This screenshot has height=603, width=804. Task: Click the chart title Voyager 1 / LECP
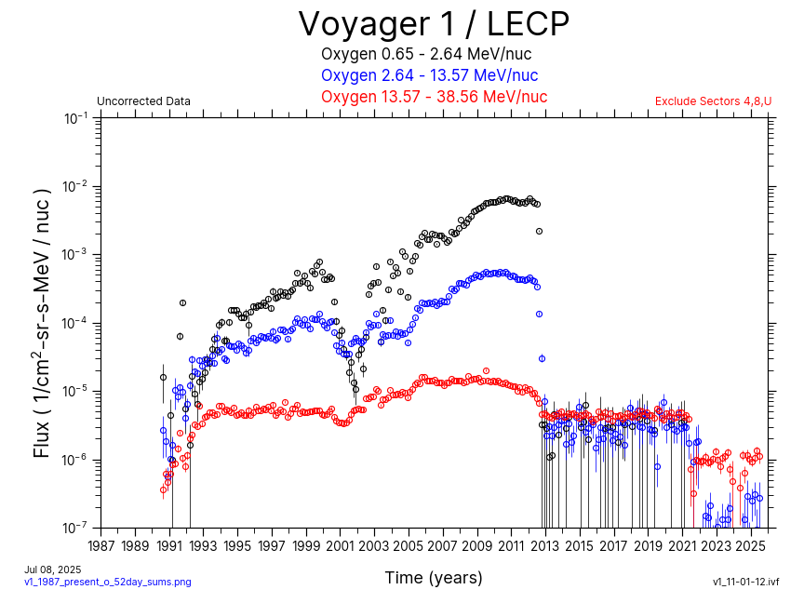tap(433, 23)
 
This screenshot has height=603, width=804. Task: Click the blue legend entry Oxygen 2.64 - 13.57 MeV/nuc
tap(429, 75)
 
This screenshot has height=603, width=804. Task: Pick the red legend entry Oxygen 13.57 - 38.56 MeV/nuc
tap(434, 97)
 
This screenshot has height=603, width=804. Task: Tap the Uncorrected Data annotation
tap(143, 101)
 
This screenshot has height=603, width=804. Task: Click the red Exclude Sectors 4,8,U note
tap(713, 101)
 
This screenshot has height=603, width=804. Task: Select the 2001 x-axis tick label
tap(340, 545)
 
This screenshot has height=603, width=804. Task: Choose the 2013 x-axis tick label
tap(545, 545)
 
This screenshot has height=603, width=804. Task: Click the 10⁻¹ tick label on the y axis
tap(76, 118)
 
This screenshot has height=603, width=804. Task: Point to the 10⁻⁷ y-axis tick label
tap(76, 528)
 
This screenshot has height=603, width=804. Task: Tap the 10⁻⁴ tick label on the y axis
tap(76, 323)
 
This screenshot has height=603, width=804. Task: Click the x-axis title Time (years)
tap(434, 578)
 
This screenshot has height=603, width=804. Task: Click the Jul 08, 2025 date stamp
tap(53, 569)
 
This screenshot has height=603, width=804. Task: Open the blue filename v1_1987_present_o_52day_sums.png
tap(107, 582)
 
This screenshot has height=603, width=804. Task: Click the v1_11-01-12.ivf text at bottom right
tap(745, 582)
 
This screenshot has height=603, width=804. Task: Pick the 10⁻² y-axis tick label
tap(76, 186)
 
